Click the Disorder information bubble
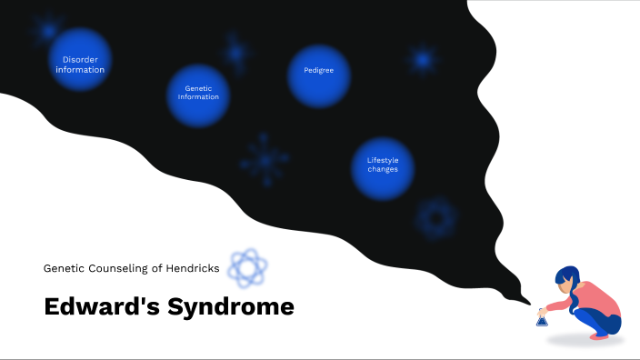(80, 61)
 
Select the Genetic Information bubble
(198, 95)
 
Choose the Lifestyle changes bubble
(382, 167)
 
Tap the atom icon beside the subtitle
(247, 267)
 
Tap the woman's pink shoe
(600, 335)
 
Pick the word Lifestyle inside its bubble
(383, 161)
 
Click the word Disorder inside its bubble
(80, 60)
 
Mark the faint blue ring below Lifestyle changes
(435, 217)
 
